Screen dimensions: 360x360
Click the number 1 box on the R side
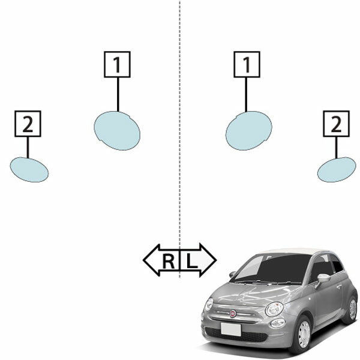[x=117, y=65]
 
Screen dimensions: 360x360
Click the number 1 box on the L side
[x=247, y=65]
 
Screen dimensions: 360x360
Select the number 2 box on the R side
[x=28, y=124]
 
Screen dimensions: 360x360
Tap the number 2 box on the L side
[x=337, y=124]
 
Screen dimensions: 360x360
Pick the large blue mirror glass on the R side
[x=117, y=131]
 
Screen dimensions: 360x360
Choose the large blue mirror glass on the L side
[x=249, y=131]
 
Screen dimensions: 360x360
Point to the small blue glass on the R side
[x=29, y=170]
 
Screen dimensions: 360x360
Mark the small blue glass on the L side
[x=337, y=170]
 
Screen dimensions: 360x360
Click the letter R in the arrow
[x=169, y=261]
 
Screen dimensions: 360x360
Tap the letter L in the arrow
[x=192, y=261]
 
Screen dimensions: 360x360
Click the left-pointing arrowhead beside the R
[x=151, y=260]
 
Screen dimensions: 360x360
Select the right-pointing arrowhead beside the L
[x=208, y=260]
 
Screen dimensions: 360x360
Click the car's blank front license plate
[x=231, y=329]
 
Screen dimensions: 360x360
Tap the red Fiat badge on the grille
[x=233, y=313]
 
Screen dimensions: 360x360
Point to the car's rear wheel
[x=351, y=309]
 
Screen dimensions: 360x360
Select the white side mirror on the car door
[x=323, y=278]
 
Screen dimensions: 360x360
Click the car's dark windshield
[x=271, y=268]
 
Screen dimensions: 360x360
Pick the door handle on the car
[x=339, y=286]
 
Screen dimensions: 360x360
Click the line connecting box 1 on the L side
[x=246, y=95]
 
